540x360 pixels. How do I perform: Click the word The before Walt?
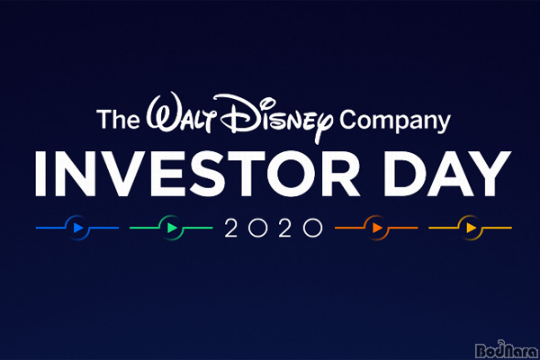118,119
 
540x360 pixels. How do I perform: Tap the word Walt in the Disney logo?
181,113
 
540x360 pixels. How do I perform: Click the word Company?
395,121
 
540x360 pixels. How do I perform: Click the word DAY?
447,174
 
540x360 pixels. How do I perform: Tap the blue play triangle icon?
78,228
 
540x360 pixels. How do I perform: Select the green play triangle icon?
172,228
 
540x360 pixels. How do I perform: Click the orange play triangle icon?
377,228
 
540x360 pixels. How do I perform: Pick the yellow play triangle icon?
471,228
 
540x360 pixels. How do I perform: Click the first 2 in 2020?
230,228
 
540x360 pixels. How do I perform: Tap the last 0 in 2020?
312,228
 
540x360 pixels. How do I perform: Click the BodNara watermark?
506,350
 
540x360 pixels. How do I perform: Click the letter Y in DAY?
490,174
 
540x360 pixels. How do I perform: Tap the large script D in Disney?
241,113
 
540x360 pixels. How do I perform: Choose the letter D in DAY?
405,174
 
